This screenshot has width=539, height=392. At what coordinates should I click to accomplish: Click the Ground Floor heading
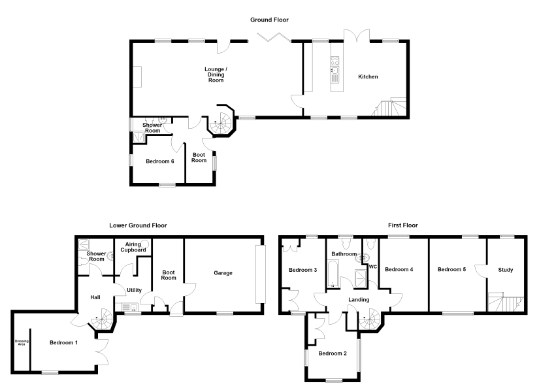pyautogui.click(x=269, y=20)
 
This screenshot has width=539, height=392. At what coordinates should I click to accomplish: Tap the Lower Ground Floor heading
pyautogui.click(x=138, y=225)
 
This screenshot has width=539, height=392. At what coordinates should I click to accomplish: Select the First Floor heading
pyautogui.click(x=403, y=225)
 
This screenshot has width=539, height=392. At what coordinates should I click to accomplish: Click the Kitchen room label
pyautogui.click(x=368, y=76)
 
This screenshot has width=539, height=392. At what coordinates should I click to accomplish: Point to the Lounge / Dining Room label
pyautogui.click(x=216, y=74)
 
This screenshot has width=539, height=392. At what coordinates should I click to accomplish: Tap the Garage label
pyautogui.click(x=223, y=273)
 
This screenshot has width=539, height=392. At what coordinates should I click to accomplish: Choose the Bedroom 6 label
pyautogui.click(x=160, y=161)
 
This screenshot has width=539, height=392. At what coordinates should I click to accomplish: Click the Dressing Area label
pyautogui.click(x=22, y=342)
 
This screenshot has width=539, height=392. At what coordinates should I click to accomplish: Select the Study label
pyautogui.click(x=505, y=270)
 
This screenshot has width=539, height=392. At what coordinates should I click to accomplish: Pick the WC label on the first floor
pyautogui.click(x=373, y=267)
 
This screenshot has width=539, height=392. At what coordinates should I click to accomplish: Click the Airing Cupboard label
pyautogui.click(x=133, y=247)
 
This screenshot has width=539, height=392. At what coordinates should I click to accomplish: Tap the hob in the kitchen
pyautogui.click(x=335, y=61)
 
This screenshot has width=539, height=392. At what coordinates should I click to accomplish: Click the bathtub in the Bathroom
pyautogui.click(x=333, y=274)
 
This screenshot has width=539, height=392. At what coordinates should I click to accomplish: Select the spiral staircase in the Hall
pyautogui.click(x=102, y=319)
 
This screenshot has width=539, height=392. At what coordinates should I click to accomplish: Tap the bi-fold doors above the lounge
pyautogui.click(x=274, y=37)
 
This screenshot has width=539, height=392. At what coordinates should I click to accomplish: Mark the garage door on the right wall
pyautogui.click(x=260, y=274)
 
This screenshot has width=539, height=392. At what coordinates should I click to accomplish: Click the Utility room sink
pyautogui.click(x=129, y=306)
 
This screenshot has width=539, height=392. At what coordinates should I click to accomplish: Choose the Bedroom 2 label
pyautogui.click(x=333, y=353)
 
